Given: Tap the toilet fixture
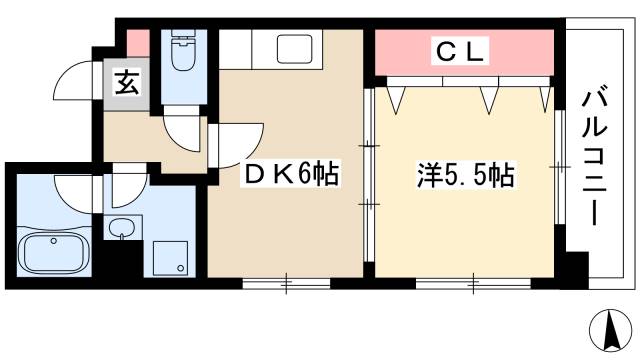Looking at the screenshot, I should tap(183, 52).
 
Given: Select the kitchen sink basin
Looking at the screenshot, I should tap(295, 47).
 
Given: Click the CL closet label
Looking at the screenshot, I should tap(462, 50).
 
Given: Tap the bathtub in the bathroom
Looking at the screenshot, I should tap(51, 249).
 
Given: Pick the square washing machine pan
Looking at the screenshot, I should tap(172, 257).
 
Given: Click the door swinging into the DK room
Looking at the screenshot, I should tap(236, 140).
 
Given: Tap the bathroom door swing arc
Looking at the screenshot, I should tap(75, 190).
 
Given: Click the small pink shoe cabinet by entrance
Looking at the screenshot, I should tap(137, 43).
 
